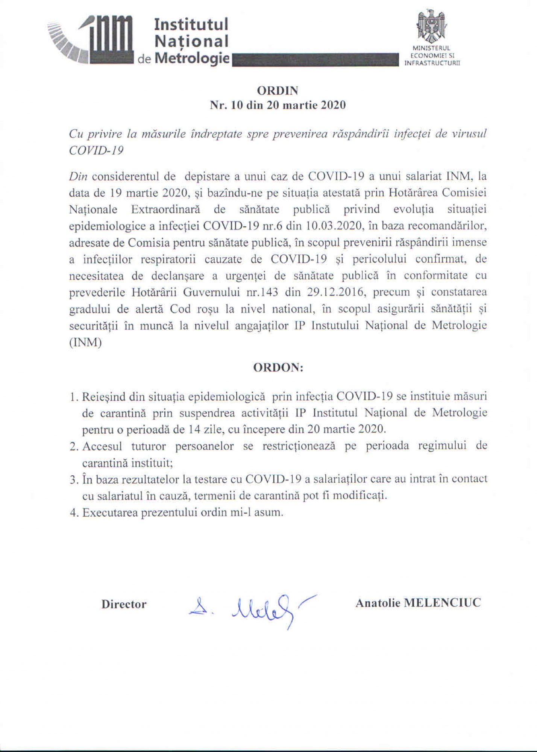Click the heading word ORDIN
click(x=278, y=91)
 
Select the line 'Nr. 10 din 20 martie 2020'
click(x=278, y=105)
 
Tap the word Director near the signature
click(x=124, y=605)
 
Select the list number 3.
click(x=73, y=479)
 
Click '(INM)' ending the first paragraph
click(x=85, y=343)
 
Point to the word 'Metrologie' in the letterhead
click(x=193, y=59)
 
